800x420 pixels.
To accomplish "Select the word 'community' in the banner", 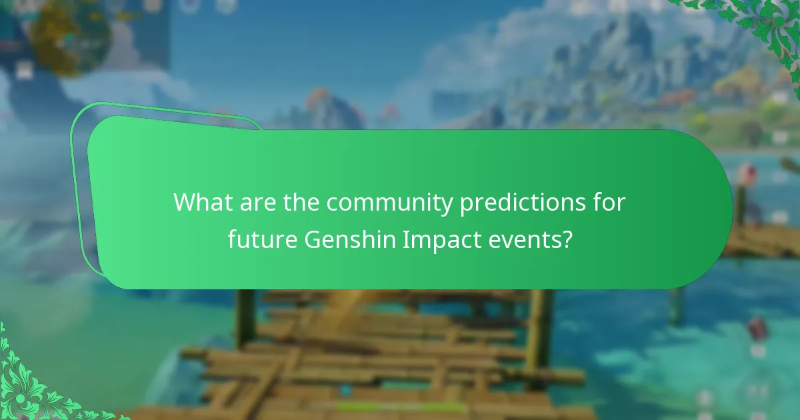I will click(x=387, y=203).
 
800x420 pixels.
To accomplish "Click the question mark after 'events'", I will click(x=567, y=239).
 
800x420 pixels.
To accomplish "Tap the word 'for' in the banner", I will click(x=611, y=203).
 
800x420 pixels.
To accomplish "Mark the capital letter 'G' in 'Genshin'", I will click(x=311, y=239).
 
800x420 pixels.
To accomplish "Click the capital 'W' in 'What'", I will click(x=185, y=203).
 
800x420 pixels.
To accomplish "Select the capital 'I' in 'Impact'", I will click(x=406, y=239).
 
